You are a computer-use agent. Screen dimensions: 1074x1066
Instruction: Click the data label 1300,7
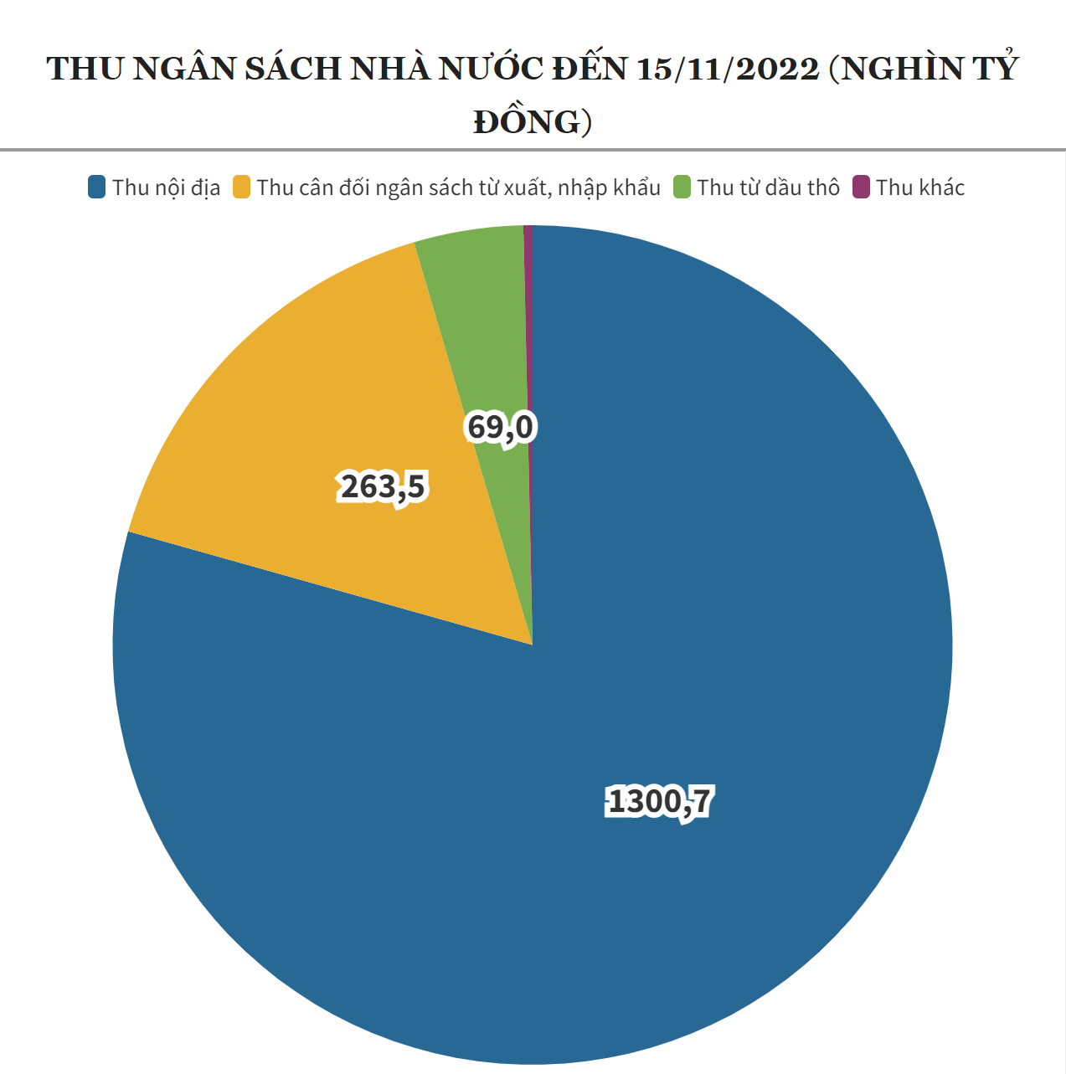click(660, 802)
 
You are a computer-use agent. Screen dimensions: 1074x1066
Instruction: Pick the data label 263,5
click(383, 486)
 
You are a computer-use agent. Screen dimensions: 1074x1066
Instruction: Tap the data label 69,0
click(500, 428)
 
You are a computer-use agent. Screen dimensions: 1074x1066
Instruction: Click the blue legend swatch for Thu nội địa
click(96, 187)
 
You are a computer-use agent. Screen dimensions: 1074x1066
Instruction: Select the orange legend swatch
click(242, 187)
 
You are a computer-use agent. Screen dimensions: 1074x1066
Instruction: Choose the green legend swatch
click(682, 187)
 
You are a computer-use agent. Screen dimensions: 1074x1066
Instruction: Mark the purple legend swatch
click(861, 187)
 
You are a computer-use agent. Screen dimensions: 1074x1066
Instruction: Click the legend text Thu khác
click(920, 188)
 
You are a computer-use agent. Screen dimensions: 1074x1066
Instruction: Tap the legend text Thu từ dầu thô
click(768, 188)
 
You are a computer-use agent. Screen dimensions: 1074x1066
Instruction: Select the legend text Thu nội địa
click(166, 188)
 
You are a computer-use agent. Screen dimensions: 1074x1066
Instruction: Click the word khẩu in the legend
click(638, 188)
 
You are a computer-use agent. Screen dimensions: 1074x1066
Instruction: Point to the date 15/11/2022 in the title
click(728, 69)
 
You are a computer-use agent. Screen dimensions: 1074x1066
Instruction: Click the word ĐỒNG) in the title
click(533, 122)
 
